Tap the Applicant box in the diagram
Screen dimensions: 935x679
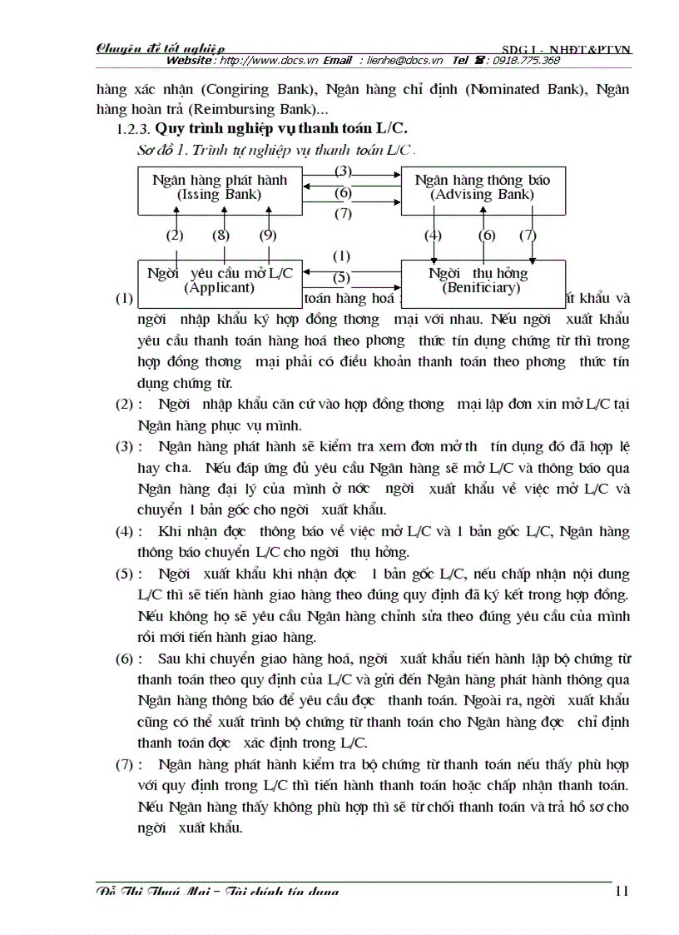click(x=220, y=281)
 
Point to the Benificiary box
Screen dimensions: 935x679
click(x=483, y=281)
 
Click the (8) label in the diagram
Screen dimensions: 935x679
click(x=221, y=236)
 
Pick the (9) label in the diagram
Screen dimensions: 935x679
click(x=267, y=236)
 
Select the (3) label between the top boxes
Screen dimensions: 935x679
click(x=342, y=171)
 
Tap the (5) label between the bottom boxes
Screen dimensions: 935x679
click(x=342, y=277)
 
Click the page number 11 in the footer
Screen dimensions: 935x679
click(x=621, y=891)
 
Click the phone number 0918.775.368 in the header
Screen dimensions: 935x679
click(x=526, y=61)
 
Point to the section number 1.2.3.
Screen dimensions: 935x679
click(x=133, y=131)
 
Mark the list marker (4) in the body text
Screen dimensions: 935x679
click(x=125, y=531)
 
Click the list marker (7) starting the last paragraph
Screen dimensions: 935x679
click(x=125, y=764)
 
